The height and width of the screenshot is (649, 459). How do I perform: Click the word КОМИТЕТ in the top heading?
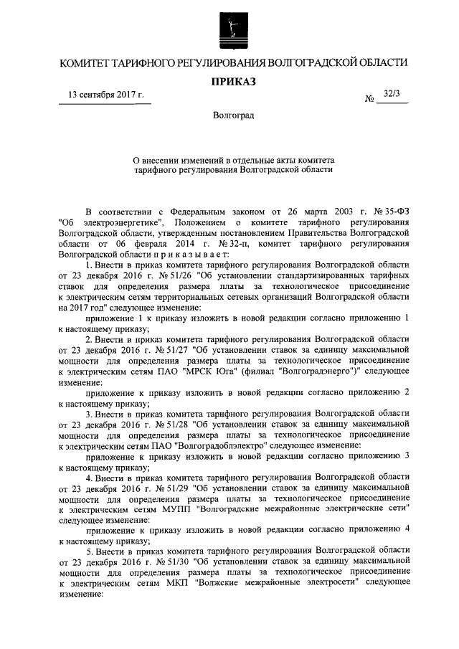(84, 63)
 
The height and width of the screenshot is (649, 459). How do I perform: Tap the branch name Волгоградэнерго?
(318, 371)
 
